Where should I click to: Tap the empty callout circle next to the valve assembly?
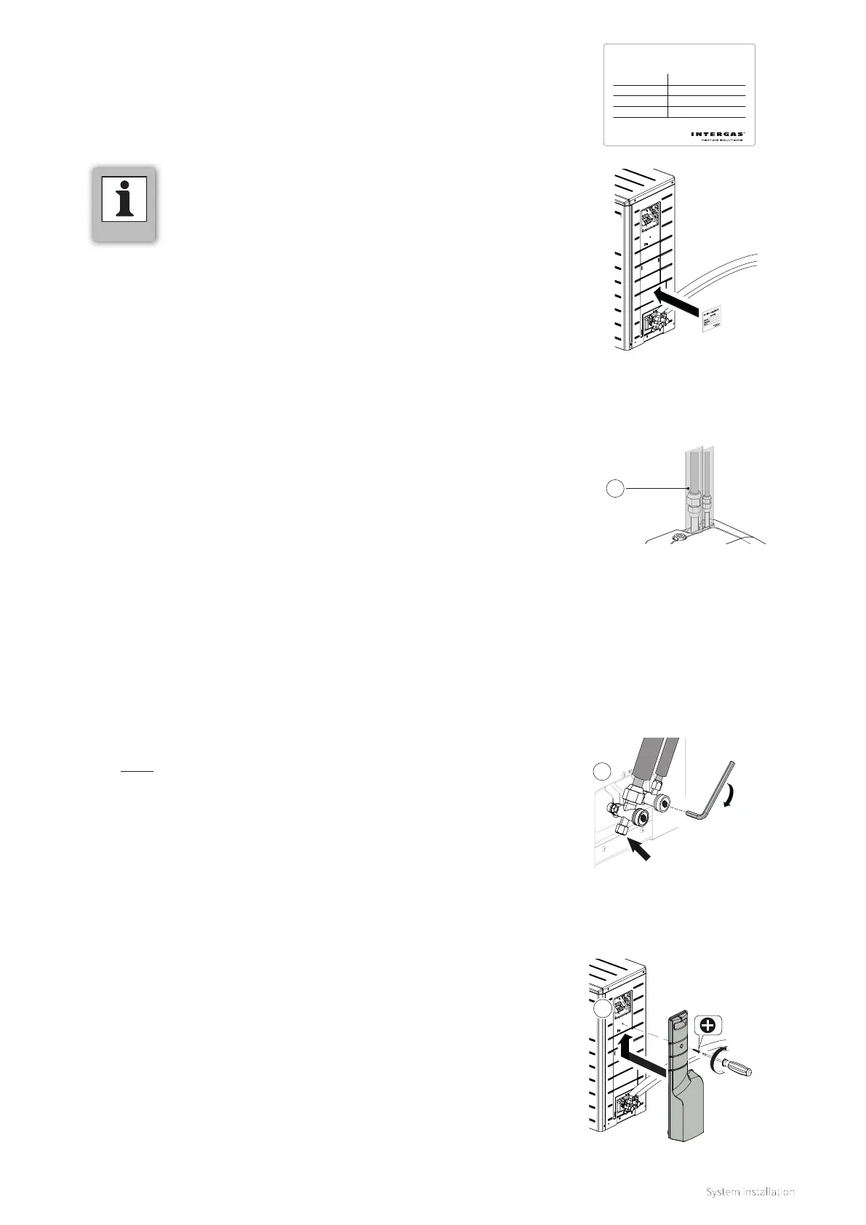601,772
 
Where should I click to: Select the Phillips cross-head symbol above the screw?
707,1026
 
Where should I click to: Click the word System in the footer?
722,1192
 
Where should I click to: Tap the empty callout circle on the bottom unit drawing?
601,1010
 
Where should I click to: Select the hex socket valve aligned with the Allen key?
662,803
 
